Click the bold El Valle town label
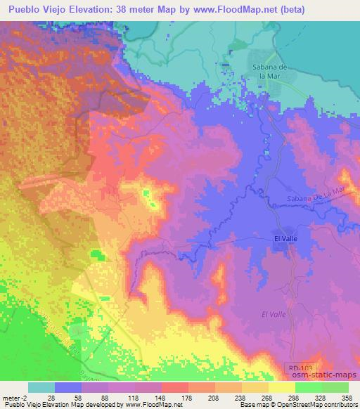click(286, 240)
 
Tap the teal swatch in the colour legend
click(41, 387)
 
